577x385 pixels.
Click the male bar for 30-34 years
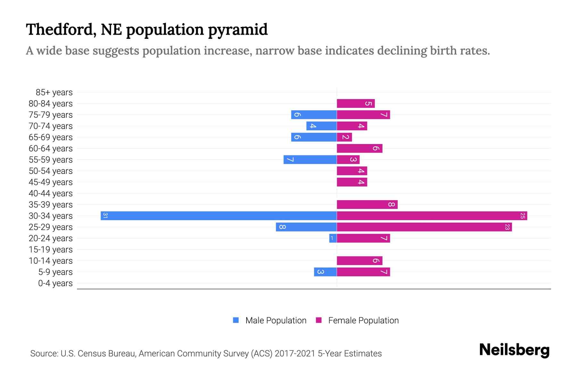point(219,216)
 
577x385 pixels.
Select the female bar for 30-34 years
point(432,216)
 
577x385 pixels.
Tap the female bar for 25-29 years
point(424,227)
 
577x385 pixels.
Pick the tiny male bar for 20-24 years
point(333,238)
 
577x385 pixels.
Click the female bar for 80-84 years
point(355,103)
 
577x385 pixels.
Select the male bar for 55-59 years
point(310,159)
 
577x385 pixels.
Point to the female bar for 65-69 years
point(344,137)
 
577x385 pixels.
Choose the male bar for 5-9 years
point(325,272)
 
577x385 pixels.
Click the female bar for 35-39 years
point(367,204)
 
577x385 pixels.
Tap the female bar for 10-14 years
point(359,261)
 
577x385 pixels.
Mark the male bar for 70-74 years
point(322,126)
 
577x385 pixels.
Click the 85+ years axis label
point(54,92)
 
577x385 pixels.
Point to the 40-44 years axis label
point(51,193)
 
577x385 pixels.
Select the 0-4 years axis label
point(55,283)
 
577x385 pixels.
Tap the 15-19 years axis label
point(51,250)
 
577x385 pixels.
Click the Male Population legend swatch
point(236,320)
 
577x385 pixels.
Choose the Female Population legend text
point(363,321)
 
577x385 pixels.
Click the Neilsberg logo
point(514,350)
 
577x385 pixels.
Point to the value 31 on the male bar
point(105,216)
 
